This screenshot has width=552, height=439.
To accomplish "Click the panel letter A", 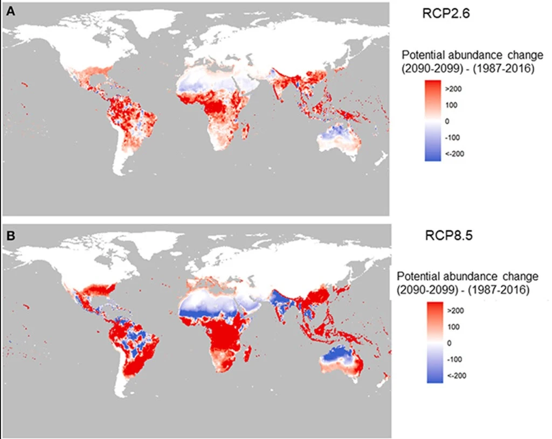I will (10, 10).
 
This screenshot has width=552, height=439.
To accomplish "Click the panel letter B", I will (10, 235).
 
